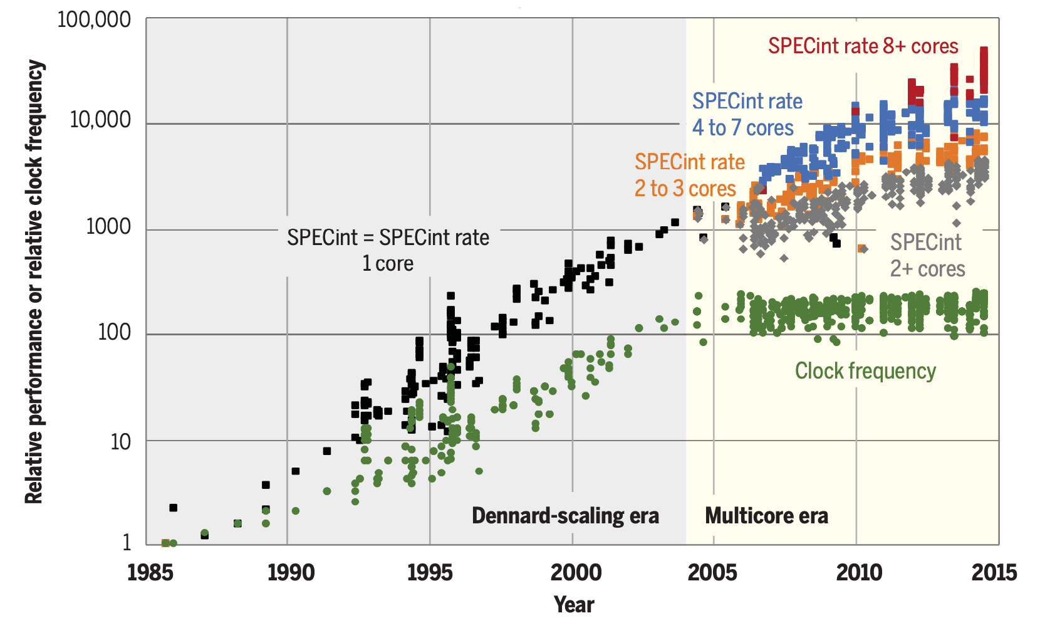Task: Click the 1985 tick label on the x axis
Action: point(150,572)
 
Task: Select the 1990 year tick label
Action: point(291,572)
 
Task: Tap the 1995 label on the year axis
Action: point(430,572)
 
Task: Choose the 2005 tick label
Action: point(712,572)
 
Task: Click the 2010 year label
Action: point(859,572)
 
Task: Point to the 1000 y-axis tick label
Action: point(108,226)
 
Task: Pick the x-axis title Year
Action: point(574,604)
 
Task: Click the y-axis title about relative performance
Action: point(34,282)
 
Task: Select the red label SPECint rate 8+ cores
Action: point(863,46)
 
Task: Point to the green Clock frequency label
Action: point(865,370)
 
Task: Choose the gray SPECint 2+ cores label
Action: point(927,255)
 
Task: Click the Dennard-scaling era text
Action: point(565,516)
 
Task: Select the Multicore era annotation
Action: point(766,516)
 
